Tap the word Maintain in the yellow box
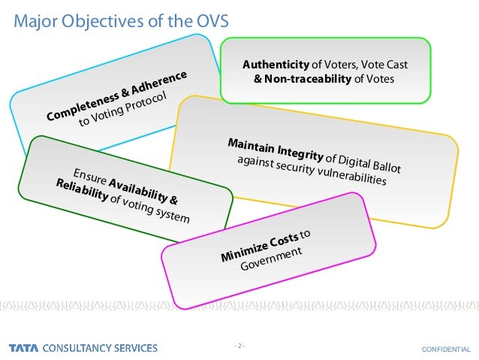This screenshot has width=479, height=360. click(x=251, y=145)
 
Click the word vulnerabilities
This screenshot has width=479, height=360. click(x=351, y=175)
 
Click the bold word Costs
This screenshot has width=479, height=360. click(x=282, y=240)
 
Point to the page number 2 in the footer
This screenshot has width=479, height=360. click(x=239, y=346)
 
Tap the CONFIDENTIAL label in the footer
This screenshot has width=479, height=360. click(x=445, y=349)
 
